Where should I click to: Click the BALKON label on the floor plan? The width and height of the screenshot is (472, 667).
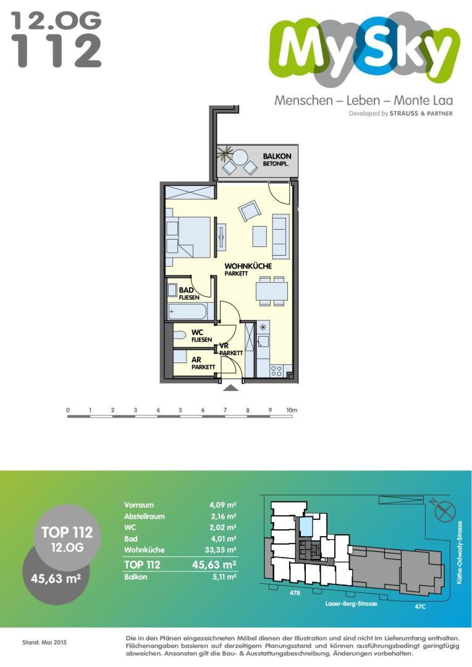pyautogui.click(x=277, y=156)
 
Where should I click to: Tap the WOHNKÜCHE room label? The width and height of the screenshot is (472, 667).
pyautogui.click(x=248, y=266)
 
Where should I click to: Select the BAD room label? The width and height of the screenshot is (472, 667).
pyautogui.click(x=187, y=290)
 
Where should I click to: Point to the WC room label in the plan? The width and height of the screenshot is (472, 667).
pyautogui.click(x=198, y=332)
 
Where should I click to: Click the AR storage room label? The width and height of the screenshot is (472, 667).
pyautogui.click(x=196, y=360)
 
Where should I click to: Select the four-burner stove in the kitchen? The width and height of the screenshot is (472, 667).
pyautogui.click(x=276, y=371)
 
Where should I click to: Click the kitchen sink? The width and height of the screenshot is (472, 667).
pyautogui.click(x=263, y=341)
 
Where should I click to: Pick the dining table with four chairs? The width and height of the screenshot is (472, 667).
pyautogui.click(x=272, y=291)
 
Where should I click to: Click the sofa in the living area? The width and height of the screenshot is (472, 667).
pyautogui.click(x=280, y=236)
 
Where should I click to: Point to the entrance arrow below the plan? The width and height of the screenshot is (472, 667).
pyautogui.click(x=230, y=387)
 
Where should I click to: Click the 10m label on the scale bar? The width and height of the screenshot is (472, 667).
pyautogui.click(x=292, y=410)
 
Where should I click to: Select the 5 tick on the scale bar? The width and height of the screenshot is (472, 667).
pyautogui.click(x=180, y=410)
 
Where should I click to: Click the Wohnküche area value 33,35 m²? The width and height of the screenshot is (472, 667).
pyautogui.click(x=221, y=550)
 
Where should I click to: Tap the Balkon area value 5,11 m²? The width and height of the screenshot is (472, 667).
pyautogui.click(x=224, y=577)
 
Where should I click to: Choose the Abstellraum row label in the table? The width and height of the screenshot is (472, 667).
pyautogui.click(x=145, y=516)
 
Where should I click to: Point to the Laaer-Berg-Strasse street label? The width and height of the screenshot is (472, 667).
pyautogui.click(x=351, y=603)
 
